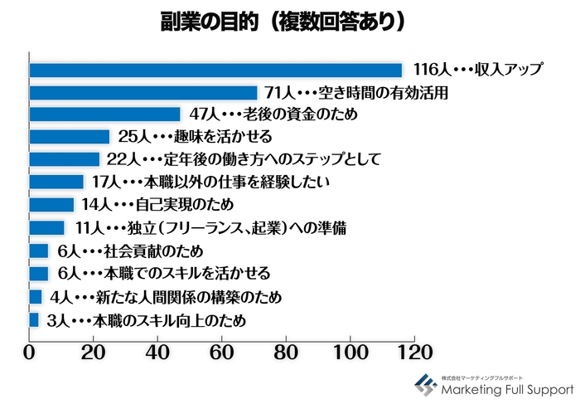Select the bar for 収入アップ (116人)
[215, 70]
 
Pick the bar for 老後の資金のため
[104, 114]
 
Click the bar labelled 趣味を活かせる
[70, 137]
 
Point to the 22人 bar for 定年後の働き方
[65, 159]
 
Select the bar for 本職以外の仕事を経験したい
[56, 182]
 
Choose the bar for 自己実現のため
[51, 204]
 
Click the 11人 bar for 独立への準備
[47, 227]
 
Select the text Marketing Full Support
[507, 388]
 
